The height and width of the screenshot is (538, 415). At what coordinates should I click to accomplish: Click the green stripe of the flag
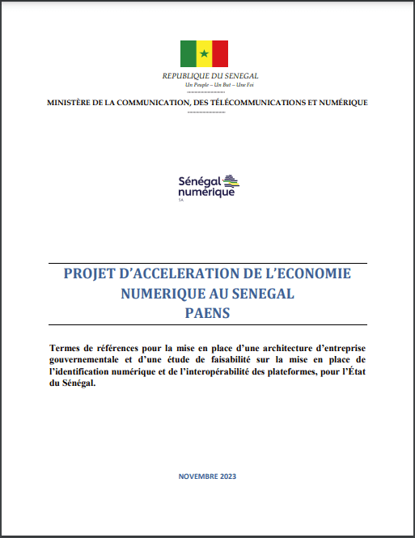pyautogui.click(x=188, y=54)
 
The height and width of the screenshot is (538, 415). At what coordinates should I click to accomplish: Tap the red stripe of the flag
pyautogui.click(x=220, y=54)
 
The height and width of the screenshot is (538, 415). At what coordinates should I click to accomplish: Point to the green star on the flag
pyautogui.click(x=204, y=54)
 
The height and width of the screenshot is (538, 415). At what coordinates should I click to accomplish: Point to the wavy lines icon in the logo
pyautogui.click(x=231, y=180)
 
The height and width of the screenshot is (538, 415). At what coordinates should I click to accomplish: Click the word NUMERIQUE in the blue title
pyautogui.click(x=156, y=292)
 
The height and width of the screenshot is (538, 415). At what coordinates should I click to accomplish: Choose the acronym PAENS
pyautogui.click(x=207, y=311)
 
